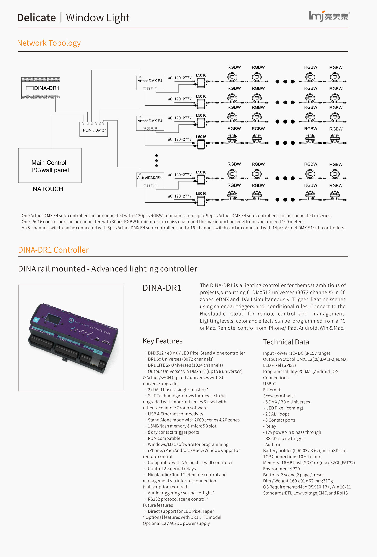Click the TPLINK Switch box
(x=93, y=130)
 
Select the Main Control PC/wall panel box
(x=50, y=166)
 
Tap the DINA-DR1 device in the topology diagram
(x=41, y=88)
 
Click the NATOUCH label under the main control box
(x=48, y=189)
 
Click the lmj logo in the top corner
(x=329, y=16)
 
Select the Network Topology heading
(x=50, y=43)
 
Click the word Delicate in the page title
(x=37, y=18)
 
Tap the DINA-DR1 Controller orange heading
(x=54, y=250)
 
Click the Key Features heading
(x=162, y=341)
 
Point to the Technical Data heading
(x=286, y=342)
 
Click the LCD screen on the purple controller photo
(x=53, y=319)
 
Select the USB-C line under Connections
(x=269, y=384)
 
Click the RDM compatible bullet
(x=164, y=438)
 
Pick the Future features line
(x=158, y=505)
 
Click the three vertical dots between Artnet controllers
(x=156, y=161)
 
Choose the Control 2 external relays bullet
(x=171, y=469)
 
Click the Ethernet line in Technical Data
(x=272, y=390)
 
